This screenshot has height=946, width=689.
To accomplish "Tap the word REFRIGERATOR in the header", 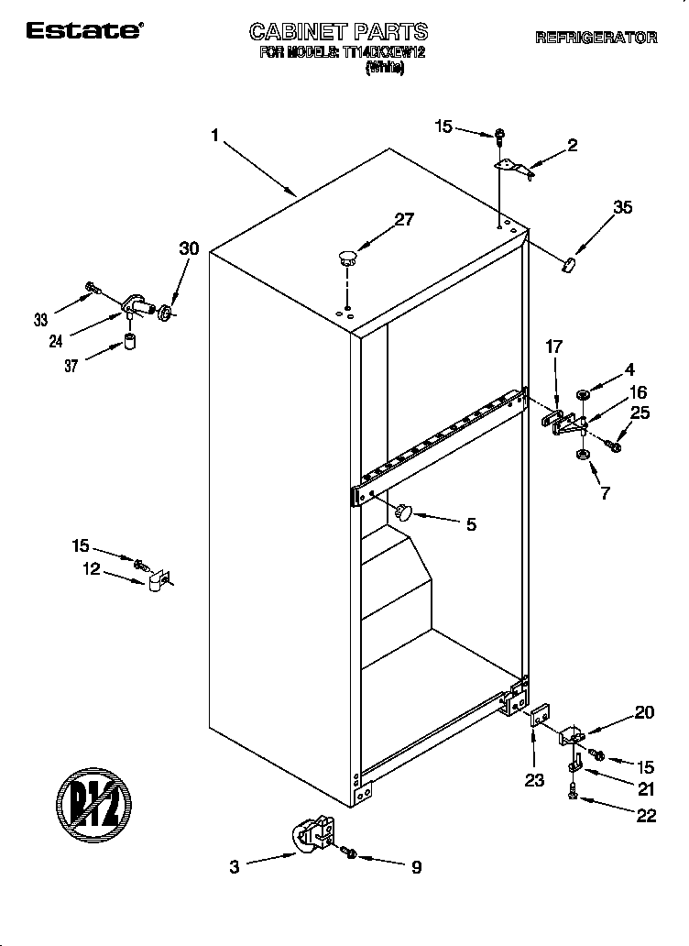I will pos(596,38).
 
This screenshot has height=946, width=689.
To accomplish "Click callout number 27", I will pos(403,219).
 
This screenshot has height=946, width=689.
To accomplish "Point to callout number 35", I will pos(623,208).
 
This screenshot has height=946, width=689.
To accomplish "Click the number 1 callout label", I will pos(214,136).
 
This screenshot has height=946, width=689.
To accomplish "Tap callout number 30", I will pos(189,248).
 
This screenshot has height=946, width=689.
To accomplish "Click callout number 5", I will pos(471,524).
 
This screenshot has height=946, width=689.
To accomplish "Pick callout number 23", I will pos(534,780).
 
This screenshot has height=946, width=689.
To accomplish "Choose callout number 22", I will pos(647,817).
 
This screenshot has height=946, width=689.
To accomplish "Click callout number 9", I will pos(416,866).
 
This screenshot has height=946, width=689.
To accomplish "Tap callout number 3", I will pos(235,866).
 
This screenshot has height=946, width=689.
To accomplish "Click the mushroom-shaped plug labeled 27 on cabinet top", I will pos(346,256).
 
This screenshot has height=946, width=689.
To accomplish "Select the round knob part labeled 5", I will pos(404,511).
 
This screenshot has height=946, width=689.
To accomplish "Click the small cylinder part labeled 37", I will pos(130,344).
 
